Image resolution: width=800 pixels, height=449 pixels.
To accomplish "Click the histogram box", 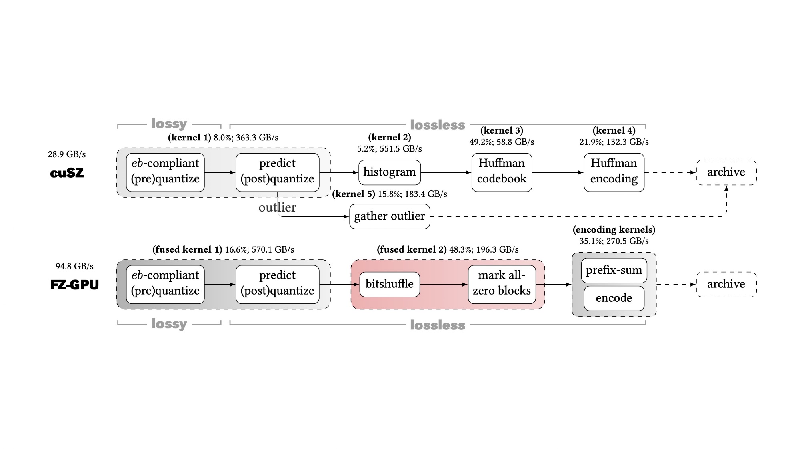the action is [x=390, y=172].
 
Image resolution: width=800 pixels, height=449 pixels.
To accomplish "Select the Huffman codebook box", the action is [x=502, y=172].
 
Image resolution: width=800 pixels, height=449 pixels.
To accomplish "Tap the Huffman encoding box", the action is [x=614, y=172].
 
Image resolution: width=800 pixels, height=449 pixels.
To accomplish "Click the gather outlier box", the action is [x=390, y=216].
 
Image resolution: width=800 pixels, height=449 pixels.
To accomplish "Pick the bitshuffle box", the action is [x=390, y=284].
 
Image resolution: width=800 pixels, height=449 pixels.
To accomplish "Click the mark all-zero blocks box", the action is [x=502, y=284].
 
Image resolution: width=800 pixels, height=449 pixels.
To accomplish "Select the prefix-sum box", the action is [x=614, y=271].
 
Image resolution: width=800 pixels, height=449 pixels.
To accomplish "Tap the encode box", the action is [x=614, y=298].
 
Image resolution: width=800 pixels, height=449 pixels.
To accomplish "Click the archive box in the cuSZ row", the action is [x=726, y=172].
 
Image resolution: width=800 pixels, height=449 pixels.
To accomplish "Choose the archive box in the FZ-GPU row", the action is [x=726, y=284].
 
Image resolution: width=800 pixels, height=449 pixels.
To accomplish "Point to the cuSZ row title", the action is [x=67, y=173].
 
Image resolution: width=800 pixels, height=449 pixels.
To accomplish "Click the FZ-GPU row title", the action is [x=74, y=285].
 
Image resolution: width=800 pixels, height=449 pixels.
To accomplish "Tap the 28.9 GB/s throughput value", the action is [x=67, y=154].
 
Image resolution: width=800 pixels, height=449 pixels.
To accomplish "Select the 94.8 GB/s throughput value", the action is [x=74, y=266].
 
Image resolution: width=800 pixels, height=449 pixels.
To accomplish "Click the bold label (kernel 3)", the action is [x=502, y=131].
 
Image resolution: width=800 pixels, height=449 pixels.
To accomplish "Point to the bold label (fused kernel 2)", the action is [x=412, y=250].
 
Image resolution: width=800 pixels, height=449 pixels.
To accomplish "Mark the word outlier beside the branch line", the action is [x=277, y=207].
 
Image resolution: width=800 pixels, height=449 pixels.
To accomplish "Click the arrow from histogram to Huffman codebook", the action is [x=446, y=172].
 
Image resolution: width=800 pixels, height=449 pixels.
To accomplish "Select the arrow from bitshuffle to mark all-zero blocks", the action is [x=444, y=285].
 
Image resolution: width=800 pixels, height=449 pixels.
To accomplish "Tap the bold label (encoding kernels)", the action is [x=614, y=230].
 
